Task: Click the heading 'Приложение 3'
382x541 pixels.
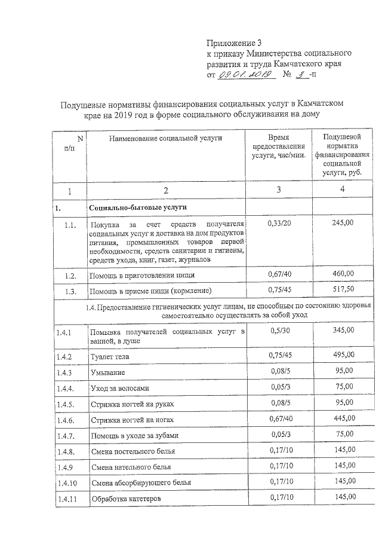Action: pyautogui.click(x=234, y=42)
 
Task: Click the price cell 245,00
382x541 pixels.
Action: pyautogui.click(x=342, y=223)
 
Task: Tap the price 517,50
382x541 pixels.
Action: pyautogui.click(x=342, y=290)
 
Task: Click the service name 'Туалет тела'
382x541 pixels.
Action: pyautogui.click(x=109, y=357)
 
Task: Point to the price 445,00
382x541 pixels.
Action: pyautogui.click(x=342, y=418)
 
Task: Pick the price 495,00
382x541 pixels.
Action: pyautogui.click(x=342, y=356)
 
